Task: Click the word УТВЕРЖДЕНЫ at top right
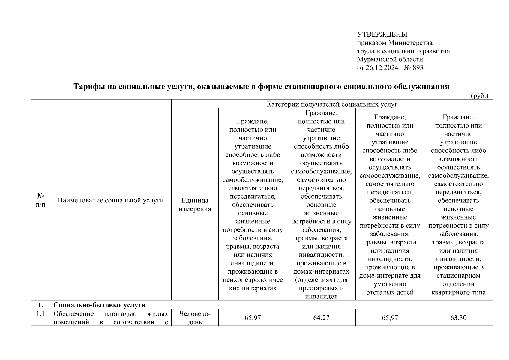pyautogui.click(x=382, y=34)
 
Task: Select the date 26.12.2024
pyautogui.click(x=382, y=68)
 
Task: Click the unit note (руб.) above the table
pyautogui.click(x=479, y=96)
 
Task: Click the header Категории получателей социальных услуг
pyautogui.click(x=332, y=104)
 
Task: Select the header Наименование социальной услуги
pyautogui.click(x=111, y=200)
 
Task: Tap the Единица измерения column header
pyautogui.click(x=195, y=205)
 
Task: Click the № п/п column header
pyautogui.click(x=40, y=200)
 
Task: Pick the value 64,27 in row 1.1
pyautogui.click(x=321, y=318)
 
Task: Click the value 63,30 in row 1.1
pyautogui.click(x=458, y=318)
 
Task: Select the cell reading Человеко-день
pyautogui.click(x=195, y=318)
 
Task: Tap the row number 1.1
pyautogui.click(x=40, y=314)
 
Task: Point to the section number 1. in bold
pyautogui.click(x=40, y=305)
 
